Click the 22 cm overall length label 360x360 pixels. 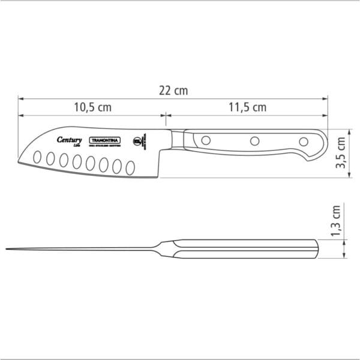[173, 91]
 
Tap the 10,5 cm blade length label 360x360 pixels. [92, 108]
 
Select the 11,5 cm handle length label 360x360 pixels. [247, 108]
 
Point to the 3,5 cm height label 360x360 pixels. [341, 153]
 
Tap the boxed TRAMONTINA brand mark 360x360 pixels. [106, 141]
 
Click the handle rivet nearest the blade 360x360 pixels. [205, 141]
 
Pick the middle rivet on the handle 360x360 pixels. [254, 142]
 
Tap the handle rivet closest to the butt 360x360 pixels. [304, 142]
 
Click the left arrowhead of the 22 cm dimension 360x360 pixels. [19, 97]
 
